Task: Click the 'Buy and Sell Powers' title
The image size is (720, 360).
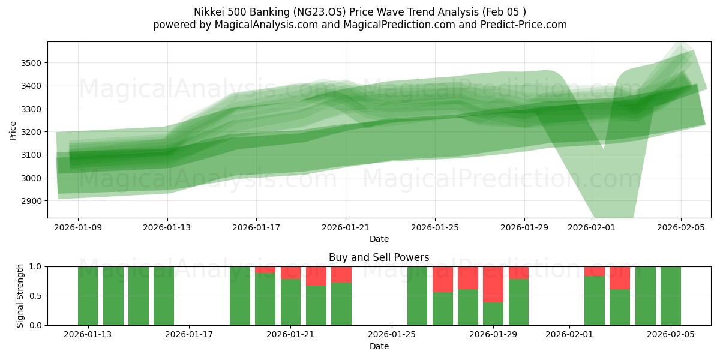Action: pyautogui.click(x=379, y=257)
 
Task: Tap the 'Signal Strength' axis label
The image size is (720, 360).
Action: pyautogui.click(x=20, y=296)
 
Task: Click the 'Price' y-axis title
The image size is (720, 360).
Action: pyautogui.click(x=13, y=130)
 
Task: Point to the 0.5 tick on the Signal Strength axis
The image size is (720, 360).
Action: pyautogui.click(x=35, y=296)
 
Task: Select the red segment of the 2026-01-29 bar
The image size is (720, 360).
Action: pyautogui.click(x=493, y=284)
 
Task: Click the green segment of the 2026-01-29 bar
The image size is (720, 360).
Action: pyautogui.click(x=493, y=314)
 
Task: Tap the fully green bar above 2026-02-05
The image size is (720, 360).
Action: pyautogui.click(x=670, y=296)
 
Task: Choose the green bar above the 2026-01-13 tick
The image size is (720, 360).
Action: pyautogui.click(x=88, y=296)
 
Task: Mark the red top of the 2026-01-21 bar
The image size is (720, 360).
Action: pyautogui.click(x=290, y=272)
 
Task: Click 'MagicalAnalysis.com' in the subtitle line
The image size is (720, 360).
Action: pyautogui.click(x=262, y=25)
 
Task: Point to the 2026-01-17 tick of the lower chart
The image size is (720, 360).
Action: pyautogui.click(x=190, y=335)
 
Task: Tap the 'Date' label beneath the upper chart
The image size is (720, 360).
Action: pyautogui.click(x=379, y=239)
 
